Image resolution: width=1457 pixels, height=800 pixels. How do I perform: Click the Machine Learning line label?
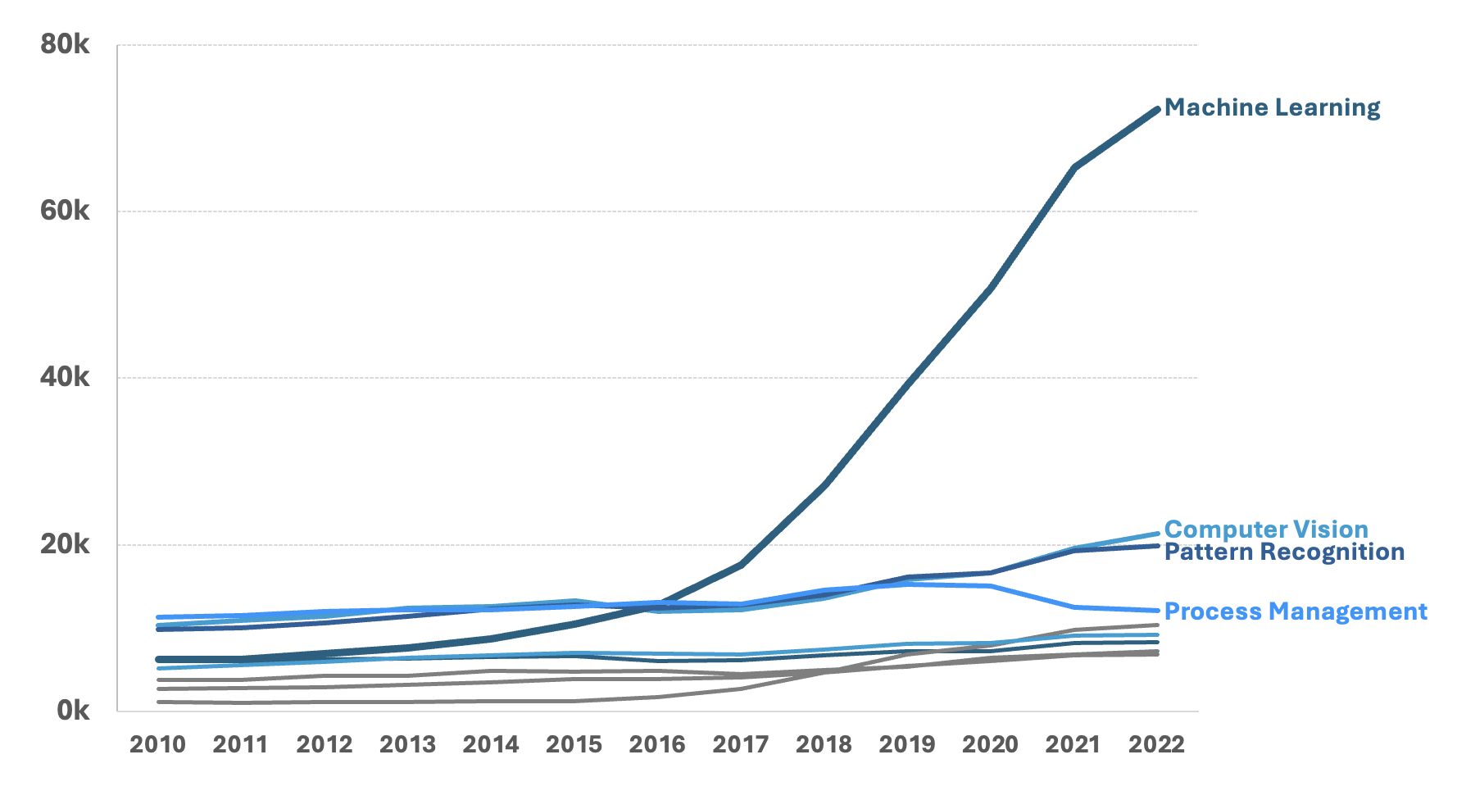(1272, 107)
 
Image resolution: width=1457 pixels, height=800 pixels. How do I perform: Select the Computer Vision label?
(1266, 530)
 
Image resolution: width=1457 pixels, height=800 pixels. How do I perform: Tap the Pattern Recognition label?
(1284, 552)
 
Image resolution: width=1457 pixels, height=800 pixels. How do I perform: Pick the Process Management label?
(1295, 611)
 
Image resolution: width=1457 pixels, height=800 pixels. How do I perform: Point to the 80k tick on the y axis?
(65, 44)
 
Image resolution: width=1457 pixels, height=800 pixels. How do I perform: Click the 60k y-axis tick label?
(65, 211)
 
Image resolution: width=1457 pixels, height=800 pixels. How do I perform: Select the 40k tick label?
(65, 377)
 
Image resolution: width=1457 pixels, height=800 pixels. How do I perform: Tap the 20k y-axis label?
(65, 544)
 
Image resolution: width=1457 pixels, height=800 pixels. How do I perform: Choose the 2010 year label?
(158, 744)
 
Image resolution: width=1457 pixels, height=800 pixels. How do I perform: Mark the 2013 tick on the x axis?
(407, 744)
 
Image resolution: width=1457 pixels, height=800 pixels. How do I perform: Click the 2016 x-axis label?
(657, 744)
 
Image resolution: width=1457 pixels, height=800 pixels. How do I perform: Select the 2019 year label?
(907, 744)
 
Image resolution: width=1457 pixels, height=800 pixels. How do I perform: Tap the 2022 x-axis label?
(1156, 744)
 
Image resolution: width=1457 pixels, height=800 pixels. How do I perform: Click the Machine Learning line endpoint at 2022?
(1156, 109)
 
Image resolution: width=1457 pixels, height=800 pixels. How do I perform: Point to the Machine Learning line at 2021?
(1073, 167)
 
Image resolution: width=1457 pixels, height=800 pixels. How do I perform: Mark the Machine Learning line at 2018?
(824, 485)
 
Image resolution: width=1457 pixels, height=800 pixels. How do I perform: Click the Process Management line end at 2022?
(1156, 611)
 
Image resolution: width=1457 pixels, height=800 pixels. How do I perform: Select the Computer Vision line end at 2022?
(1156, 534)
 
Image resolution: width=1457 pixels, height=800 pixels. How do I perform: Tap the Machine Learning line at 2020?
(990, 289)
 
